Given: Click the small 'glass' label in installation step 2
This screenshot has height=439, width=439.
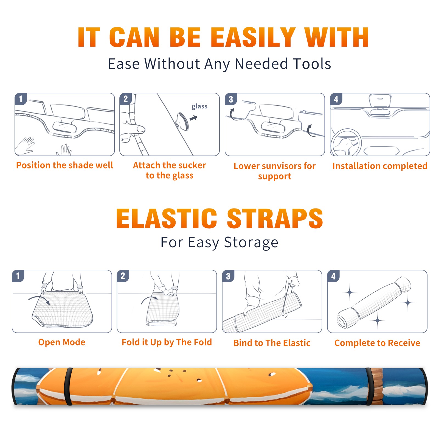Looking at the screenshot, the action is coord(199,106).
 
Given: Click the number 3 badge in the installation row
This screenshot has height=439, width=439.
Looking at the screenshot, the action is coord(231,99).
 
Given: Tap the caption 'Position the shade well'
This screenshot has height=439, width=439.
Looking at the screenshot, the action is coord(64,165).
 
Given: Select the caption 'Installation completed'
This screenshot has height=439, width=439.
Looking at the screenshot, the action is coord(380,166).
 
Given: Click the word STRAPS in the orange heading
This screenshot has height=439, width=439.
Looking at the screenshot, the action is coord(275,218).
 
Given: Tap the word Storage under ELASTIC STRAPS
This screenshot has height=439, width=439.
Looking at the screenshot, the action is coord(251,243).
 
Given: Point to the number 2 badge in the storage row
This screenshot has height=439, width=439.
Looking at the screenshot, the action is coord(123,276).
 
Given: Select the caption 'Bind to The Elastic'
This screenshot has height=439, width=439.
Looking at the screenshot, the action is coord(272,343).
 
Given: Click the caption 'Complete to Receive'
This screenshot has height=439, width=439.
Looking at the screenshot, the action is coord(377,343).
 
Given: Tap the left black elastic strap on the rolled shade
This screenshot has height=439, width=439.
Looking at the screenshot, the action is coord(68,386).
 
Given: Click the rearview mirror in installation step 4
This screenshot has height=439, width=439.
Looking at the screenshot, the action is coord(380,101).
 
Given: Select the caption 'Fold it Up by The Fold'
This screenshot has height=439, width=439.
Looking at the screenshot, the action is coord(167,342).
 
